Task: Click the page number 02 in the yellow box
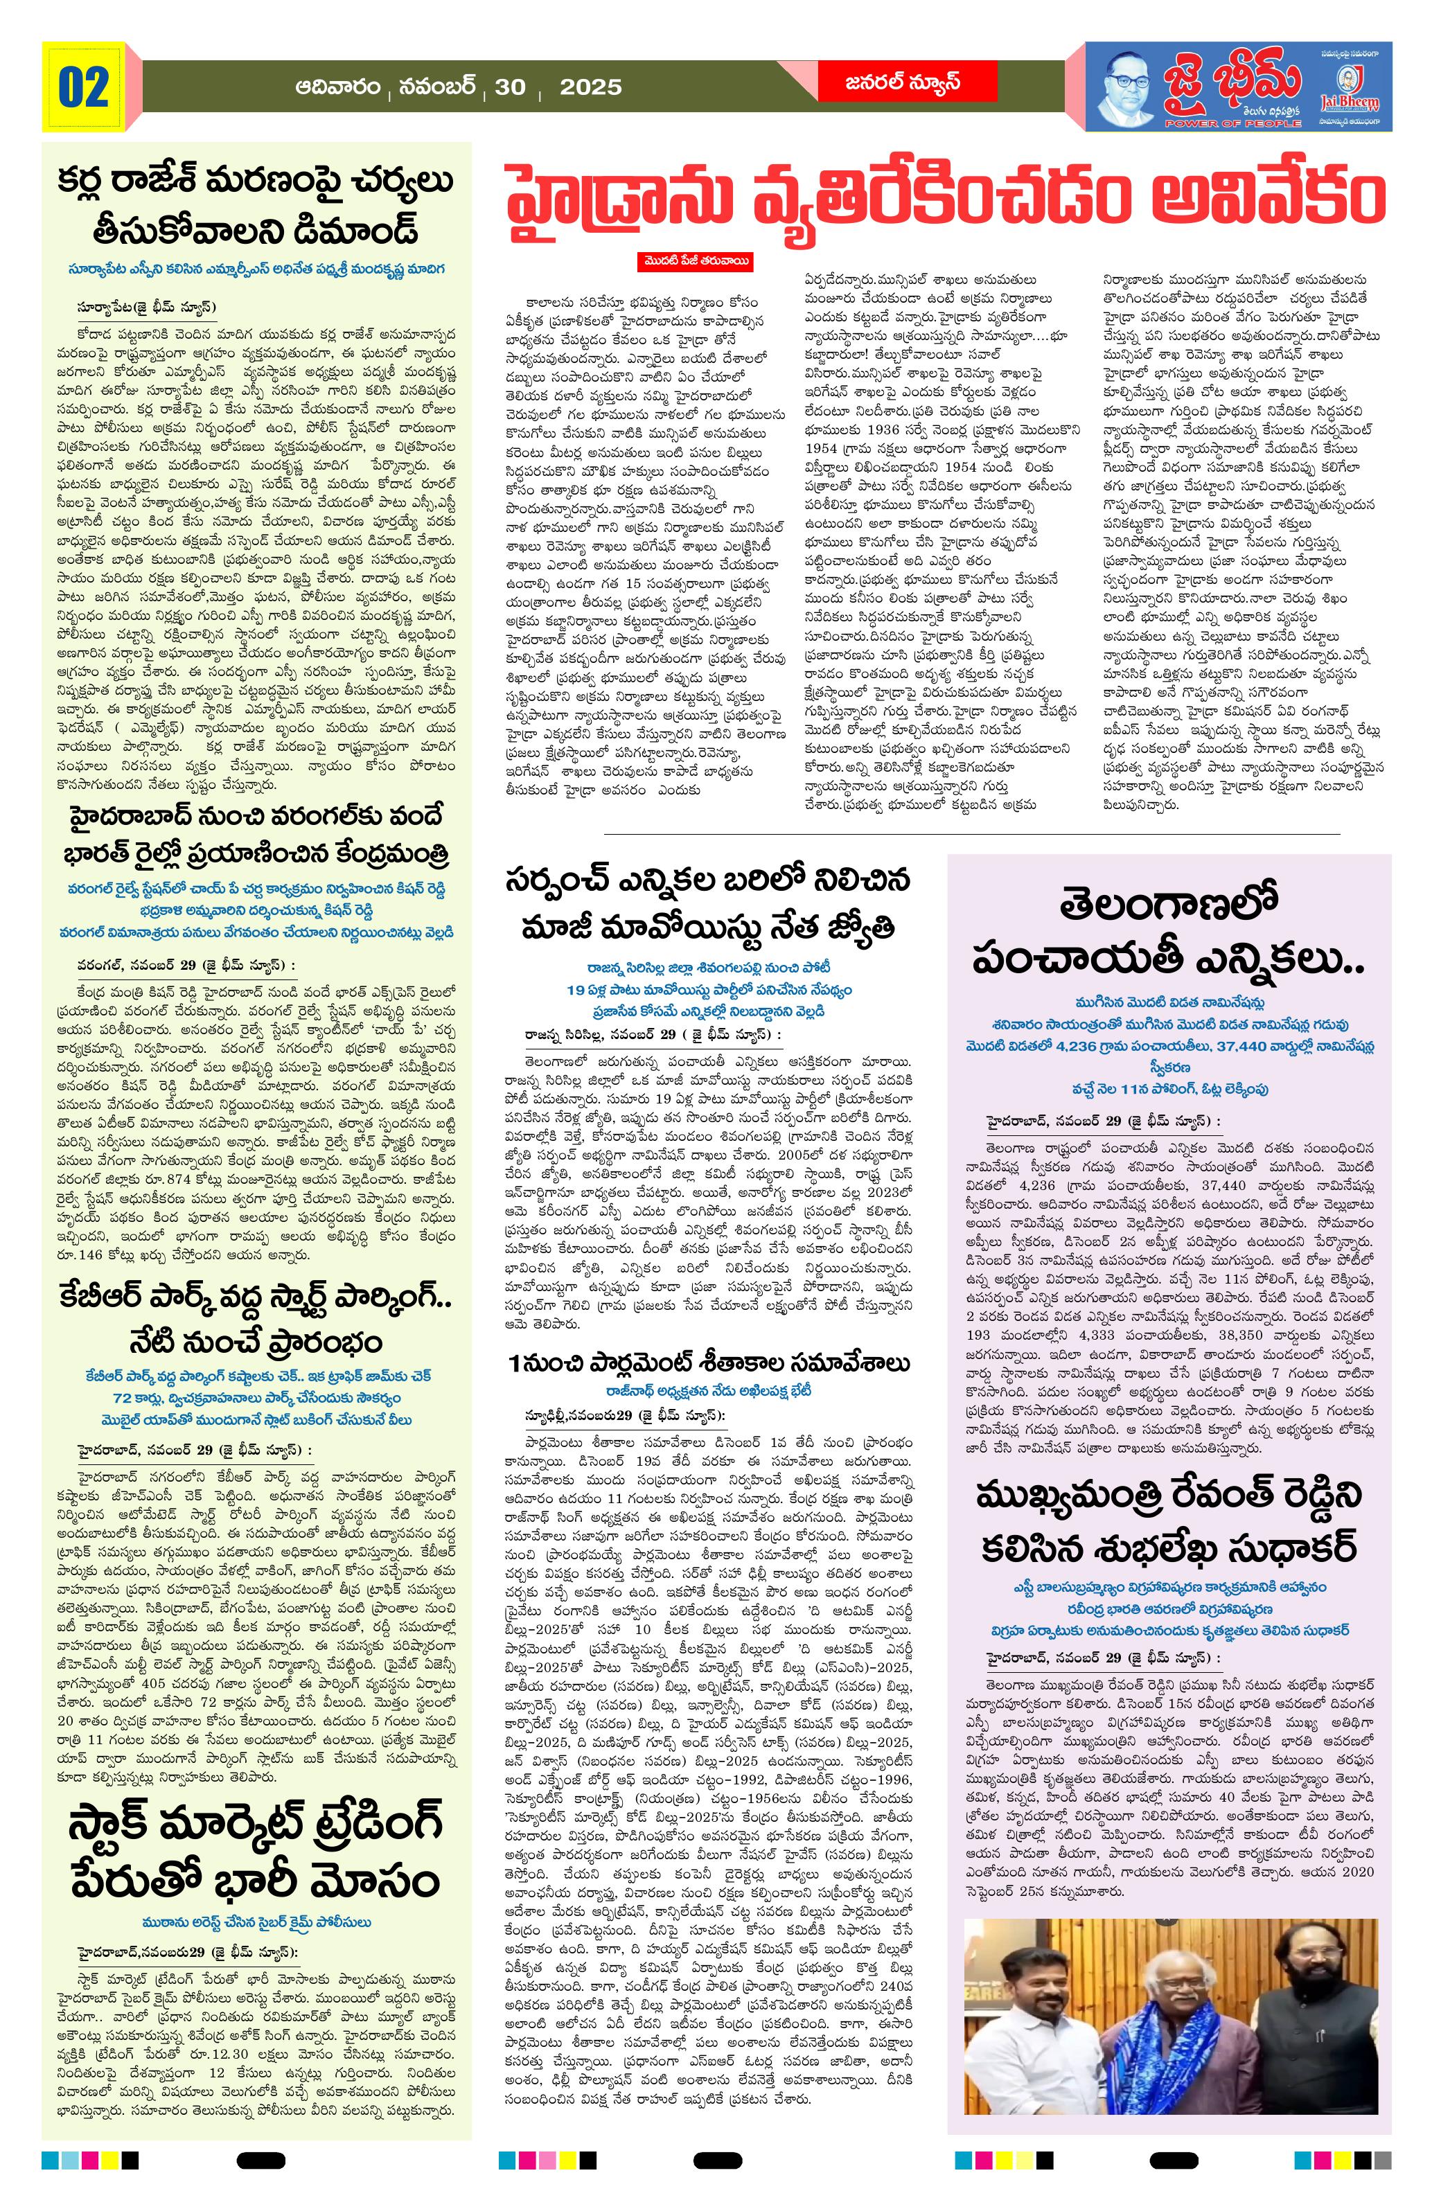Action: click(x=84, y=87)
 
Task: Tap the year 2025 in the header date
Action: click(x=591, y=87)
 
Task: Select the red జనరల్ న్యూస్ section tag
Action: click(x=889, y=82)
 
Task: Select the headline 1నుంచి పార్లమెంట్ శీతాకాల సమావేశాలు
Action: click(x=709, y=1363)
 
